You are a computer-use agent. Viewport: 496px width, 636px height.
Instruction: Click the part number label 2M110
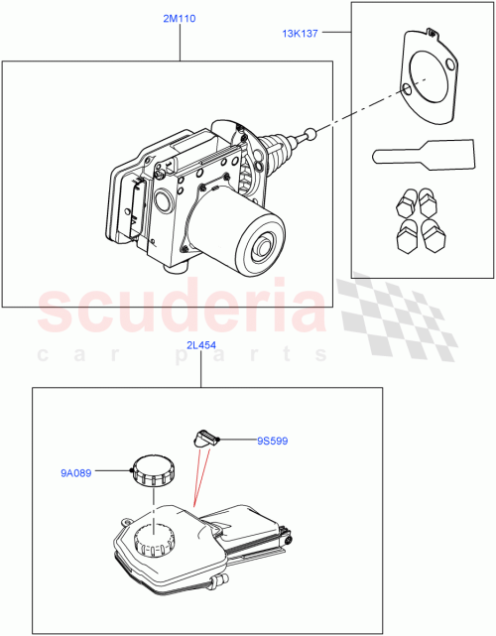[x=166, y=19]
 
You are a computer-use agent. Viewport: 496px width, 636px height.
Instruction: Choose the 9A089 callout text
[x=75, y=473]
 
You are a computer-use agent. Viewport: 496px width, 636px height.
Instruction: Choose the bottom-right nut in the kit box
[x=433, y=237]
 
